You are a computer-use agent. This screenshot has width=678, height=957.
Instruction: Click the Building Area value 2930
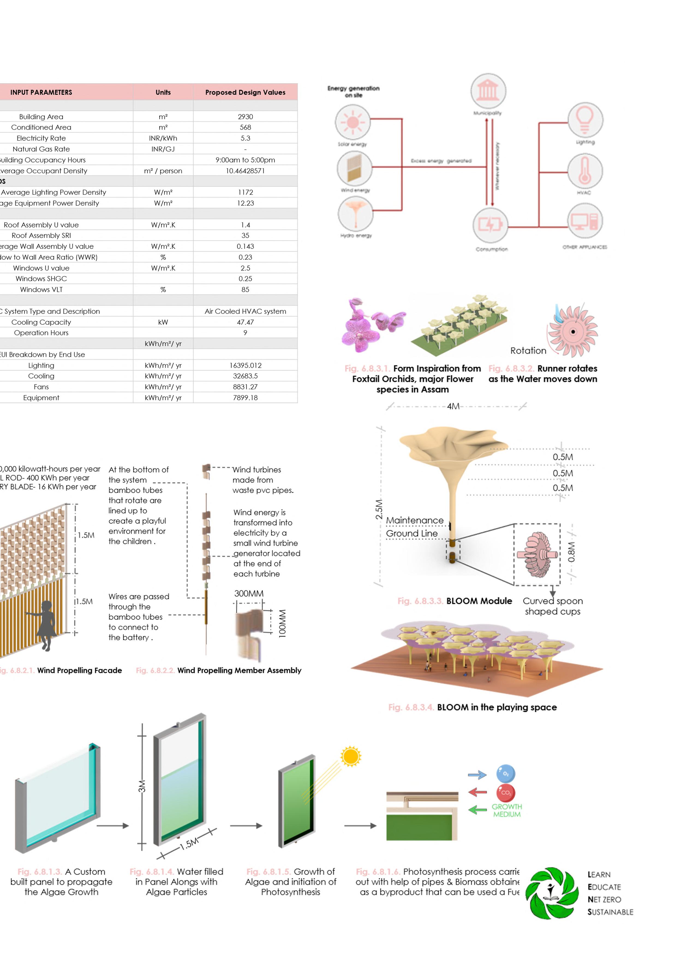(245, 116)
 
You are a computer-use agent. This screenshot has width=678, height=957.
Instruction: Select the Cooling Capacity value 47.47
(245, 322)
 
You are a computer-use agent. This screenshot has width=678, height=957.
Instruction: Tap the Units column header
(163, 92)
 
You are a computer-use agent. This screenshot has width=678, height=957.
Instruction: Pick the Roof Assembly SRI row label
(41, 235)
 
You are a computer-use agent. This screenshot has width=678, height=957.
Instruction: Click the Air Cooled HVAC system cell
(245, 311)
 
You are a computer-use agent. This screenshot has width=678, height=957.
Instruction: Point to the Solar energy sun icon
(353, 122)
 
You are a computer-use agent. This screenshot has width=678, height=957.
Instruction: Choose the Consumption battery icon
(490, 225)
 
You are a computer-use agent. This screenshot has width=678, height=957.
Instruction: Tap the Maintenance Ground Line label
(414, 527)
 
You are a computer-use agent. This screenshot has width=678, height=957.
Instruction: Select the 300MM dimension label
(249, 593)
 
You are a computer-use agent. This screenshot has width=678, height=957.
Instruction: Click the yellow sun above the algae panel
(350, 756)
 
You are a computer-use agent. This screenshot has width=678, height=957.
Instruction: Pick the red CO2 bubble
(506, 792)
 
